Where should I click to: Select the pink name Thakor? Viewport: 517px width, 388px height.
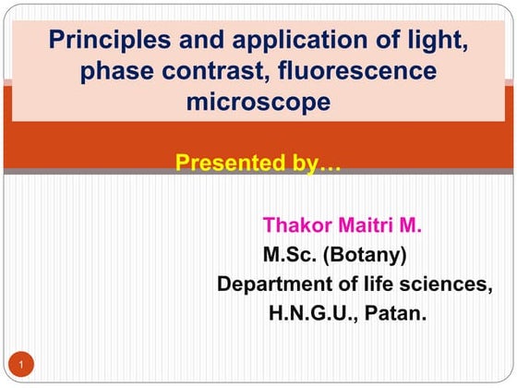click(295, 224)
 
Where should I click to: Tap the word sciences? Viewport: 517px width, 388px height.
click(450, 284)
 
